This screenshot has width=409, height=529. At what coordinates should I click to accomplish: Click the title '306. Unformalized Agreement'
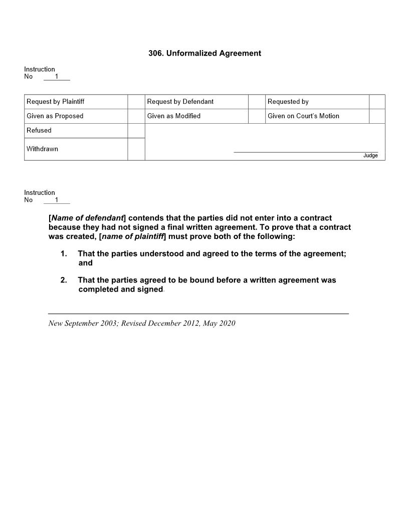pyautogui.click(x=204, y=53)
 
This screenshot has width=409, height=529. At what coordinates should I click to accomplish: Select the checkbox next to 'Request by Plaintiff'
pyautogui.click(x=136, y=102)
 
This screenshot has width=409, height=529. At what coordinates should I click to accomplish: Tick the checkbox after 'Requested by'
pyautogui.click(x=377, y=102)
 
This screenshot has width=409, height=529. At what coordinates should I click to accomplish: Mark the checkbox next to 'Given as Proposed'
pyautogui.click(x=136, y=116)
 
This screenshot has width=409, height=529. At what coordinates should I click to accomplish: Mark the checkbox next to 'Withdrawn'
pyautogui.click(x=136, y=149)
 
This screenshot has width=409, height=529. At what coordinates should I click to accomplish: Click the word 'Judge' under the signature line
pyautogui.click(x=370, y=156)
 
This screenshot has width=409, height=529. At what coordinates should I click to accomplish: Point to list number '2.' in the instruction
pyautogui.click(x=64, y=280)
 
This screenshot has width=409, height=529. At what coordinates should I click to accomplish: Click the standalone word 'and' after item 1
pyautogui.click(x=85, y=263)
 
